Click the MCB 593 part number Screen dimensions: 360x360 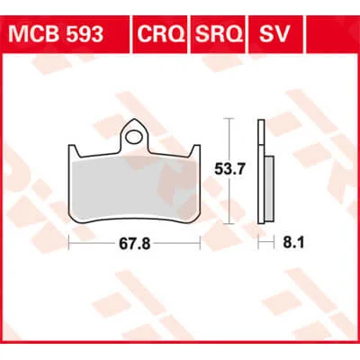click(x=56, y=34)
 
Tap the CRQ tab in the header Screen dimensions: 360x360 click(x=160, y=34)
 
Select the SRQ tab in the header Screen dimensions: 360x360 click(x=219, y=34)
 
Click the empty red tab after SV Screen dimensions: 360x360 click(x=331, y=34)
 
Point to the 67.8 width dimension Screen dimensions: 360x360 click(x=134, y=244)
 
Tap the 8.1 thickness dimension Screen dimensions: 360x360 click(x=293, y=243)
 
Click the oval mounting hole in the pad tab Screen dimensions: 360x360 click(x=134, y=137)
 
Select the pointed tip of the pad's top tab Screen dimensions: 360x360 click(x=134, y=119)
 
